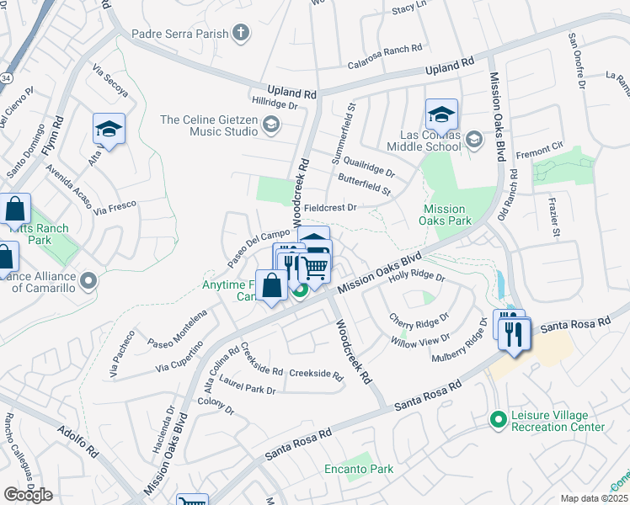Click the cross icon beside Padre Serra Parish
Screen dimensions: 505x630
coord(242,34)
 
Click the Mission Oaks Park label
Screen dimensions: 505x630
coord(444,215)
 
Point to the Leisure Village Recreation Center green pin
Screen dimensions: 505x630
coord(499,418)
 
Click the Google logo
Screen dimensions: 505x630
coord(28,495)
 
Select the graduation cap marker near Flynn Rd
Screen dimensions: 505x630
coord(109,129)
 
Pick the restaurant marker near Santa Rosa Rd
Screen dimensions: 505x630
coord(512,334)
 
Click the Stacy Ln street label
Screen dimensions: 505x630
coord(410,9)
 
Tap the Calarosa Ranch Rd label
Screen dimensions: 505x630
coord(389,66)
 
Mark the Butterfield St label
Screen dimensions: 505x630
coord(365,185)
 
